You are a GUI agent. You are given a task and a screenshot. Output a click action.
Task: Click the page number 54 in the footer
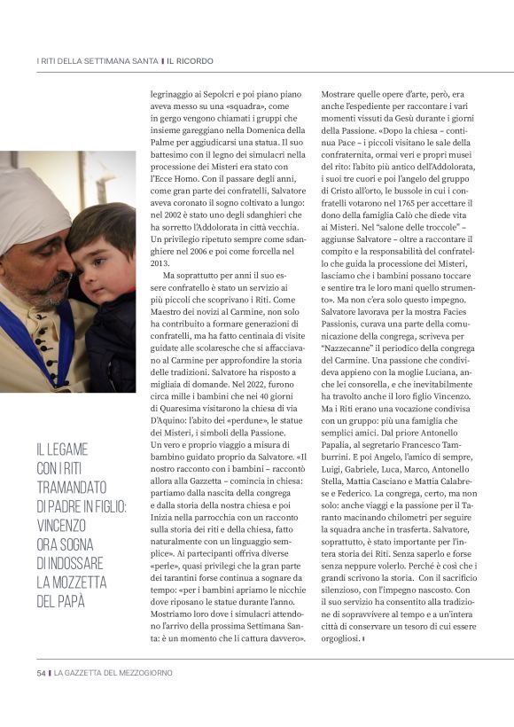(x=41, y=673)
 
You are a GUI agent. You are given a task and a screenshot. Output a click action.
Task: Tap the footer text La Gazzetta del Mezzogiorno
(x=113, y=673)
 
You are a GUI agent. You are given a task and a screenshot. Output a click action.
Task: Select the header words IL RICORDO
(x=191, y=61)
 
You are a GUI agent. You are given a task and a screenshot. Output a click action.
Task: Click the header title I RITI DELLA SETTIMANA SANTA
(x=97, y=61)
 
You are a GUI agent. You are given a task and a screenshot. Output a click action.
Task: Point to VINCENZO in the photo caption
(x=67, y=523)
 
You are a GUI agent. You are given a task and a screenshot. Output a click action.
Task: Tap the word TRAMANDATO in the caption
(x=71, y=488)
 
